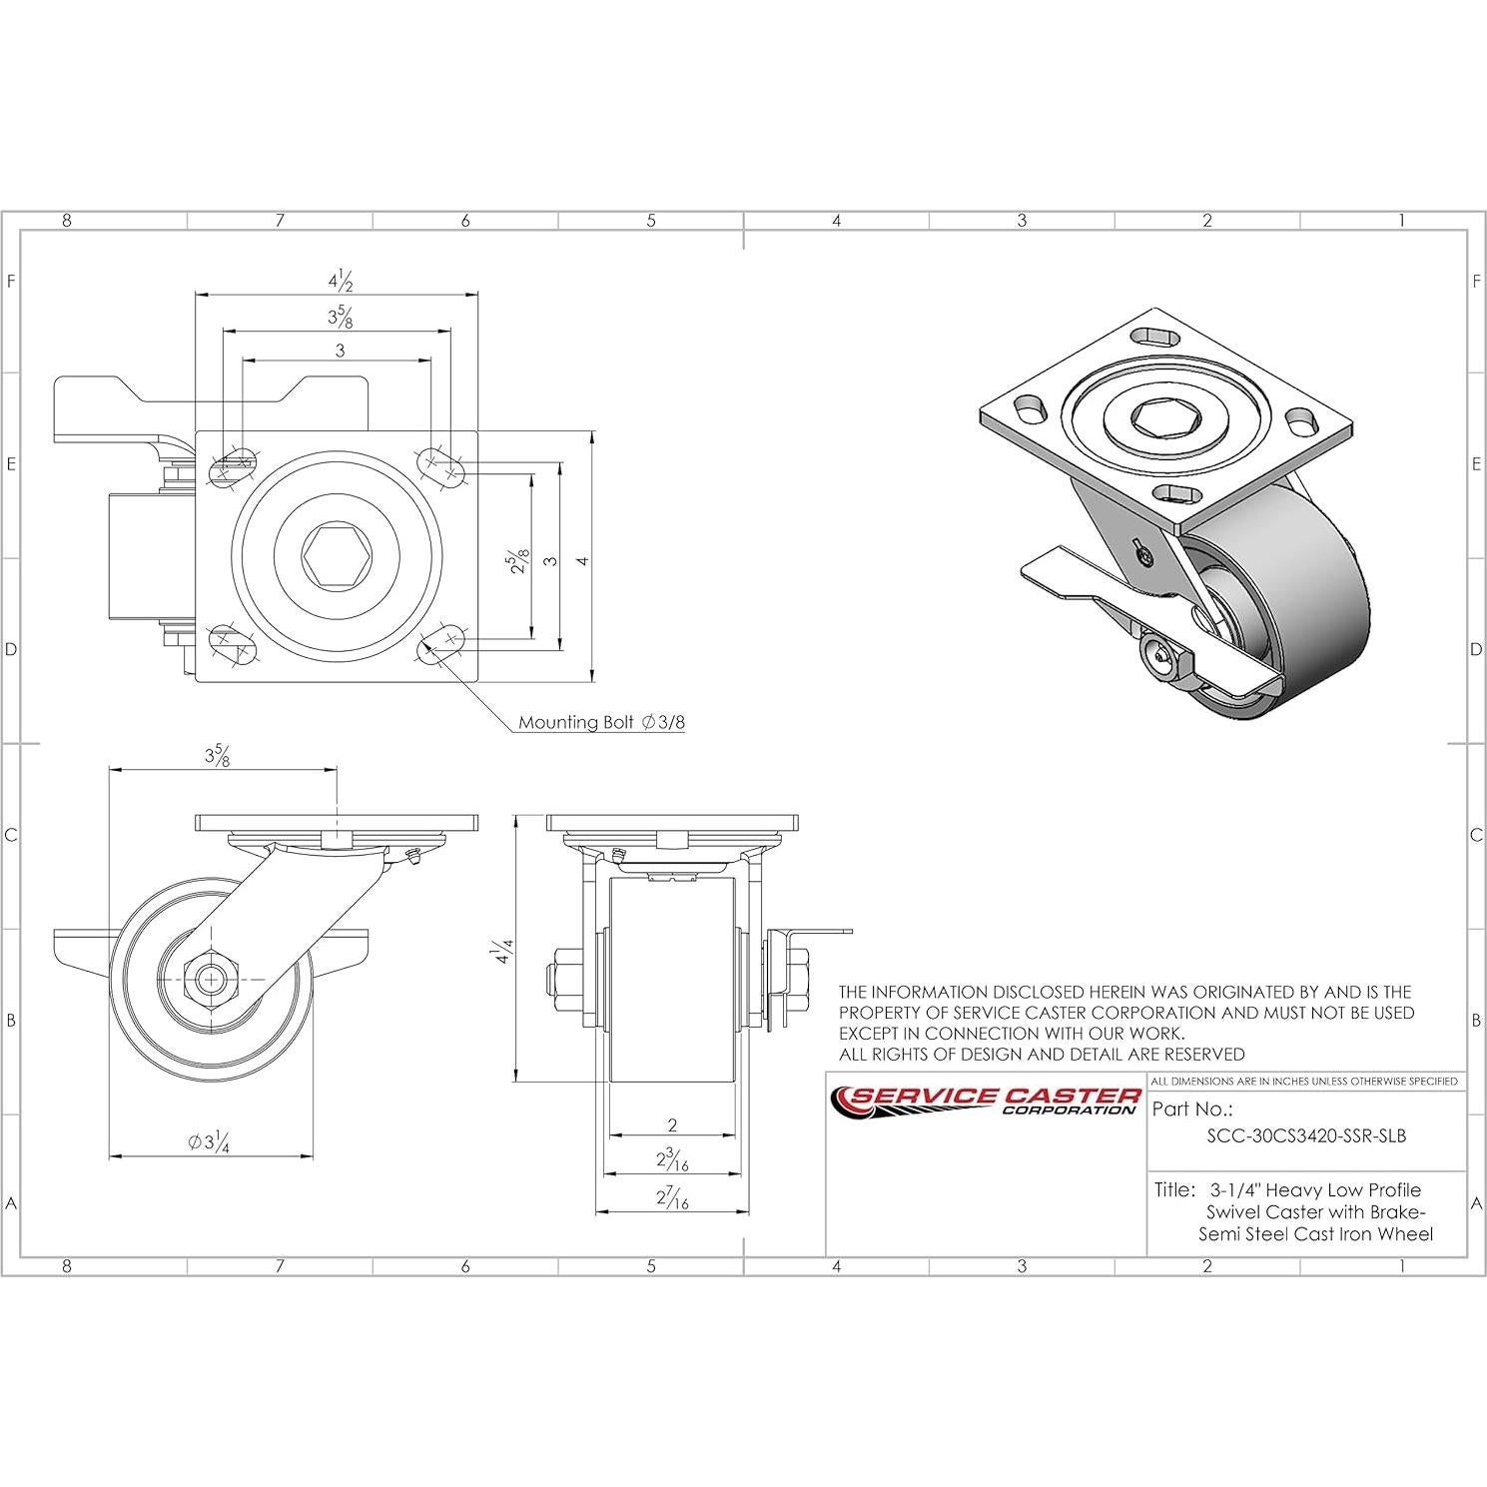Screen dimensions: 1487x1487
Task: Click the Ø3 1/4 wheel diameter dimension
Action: coord(210,1143)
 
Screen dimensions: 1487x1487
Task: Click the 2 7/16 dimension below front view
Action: coord(672,1198)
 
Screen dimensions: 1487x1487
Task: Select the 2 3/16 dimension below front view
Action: coord(672,1160)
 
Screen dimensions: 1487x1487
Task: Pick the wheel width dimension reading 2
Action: coord(672,1124)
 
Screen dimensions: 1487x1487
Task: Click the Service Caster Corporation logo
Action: coord(987,1100)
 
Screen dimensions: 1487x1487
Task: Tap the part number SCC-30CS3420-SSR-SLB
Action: coord(1306,1135)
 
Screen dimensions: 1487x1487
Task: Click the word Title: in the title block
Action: coord(1174,1189)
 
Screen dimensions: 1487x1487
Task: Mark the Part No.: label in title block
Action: coord(1192,1109)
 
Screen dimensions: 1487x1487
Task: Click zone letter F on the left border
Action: coord(11,282)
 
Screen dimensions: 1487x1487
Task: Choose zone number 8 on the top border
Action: coord(67,221)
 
